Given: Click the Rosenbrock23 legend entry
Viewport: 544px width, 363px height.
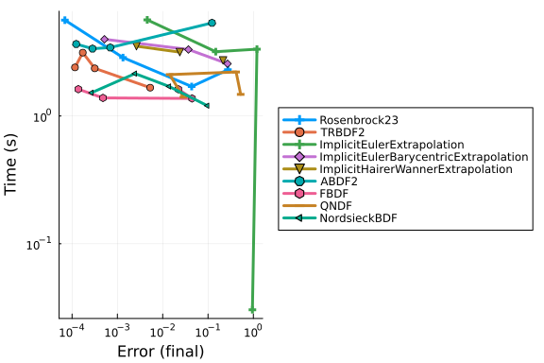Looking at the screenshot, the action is [x=359, y=120].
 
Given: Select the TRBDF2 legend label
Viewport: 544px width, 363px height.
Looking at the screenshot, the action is [x=342, y=132].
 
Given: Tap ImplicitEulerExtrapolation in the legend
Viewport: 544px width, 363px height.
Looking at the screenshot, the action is [x=392, y=145].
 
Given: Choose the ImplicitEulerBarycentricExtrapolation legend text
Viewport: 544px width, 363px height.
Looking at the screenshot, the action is [x=424, y=157].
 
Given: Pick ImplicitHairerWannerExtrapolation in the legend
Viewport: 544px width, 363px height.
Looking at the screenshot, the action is [x=416, y=169].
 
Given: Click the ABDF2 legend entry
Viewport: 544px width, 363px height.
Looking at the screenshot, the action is [x=339, y=181].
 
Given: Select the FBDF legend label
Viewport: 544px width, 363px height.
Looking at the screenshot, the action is [x=334, y=194].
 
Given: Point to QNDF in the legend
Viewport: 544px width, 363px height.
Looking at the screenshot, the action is [x=336, y=206].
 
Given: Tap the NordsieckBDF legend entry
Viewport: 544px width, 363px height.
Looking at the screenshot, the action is [x=358, y=218].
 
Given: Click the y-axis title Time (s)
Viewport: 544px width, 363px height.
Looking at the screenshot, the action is [x=10, y=164].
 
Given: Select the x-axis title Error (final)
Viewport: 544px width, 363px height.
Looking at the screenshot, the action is [x=161, y=352].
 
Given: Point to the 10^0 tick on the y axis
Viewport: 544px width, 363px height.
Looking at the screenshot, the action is [x=42, y=116].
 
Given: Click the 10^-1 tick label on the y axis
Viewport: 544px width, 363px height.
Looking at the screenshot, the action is [x=39, y=244].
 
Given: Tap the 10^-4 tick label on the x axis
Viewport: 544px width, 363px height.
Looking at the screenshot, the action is [x=72, y=331].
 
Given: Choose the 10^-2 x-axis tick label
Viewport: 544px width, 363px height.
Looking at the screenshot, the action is [x=162, y=331].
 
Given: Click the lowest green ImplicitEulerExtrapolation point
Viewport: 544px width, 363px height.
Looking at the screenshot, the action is [x=252, y=310].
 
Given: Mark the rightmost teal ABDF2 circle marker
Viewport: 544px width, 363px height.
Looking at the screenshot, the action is [x=212, y=23].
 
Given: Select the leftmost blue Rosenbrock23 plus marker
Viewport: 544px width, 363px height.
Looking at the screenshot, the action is [x=64, y=20].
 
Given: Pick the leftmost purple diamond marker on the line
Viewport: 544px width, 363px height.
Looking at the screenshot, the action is [x=105, y=40].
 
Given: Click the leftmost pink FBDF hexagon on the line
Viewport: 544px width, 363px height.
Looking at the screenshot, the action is [x=78, y=89].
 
